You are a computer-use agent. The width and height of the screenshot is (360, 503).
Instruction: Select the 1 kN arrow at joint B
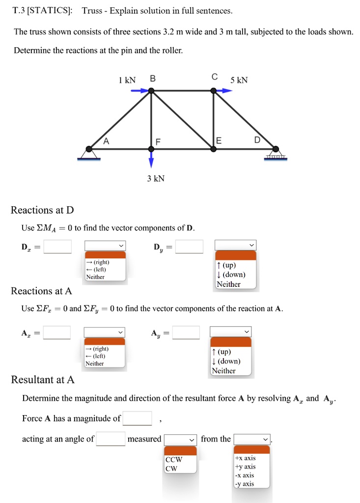[140, 90]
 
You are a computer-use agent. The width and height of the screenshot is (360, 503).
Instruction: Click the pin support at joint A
[89, 152]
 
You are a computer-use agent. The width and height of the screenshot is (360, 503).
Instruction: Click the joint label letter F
[158, 142]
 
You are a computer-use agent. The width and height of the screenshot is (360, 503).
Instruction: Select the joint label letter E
[219, 141]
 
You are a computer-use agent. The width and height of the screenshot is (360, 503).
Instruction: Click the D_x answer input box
[57, 246]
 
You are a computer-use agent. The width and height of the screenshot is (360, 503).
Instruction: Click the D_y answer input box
[189, 246]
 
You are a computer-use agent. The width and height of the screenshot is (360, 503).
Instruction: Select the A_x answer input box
[56, 333]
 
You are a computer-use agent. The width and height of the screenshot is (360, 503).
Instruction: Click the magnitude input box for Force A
[138, 419]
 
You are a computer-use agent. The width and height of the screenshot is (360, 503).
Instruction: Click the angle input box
[111, 439]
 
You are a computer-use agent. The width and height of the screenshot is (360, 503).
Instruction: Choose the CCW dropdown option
[174, 460]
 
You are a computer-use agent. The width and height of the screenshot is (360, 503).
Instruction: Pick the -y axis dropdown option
[245, 484]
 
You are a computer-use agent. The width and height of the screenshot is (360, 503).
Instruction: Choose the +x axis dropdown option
[245, 458]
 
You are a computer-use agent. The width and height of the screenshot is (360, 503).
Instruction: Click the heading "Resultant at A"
[43, 380]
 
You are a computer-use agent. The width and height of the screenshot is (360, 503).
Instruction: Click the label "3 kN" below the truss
[156, 179]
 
